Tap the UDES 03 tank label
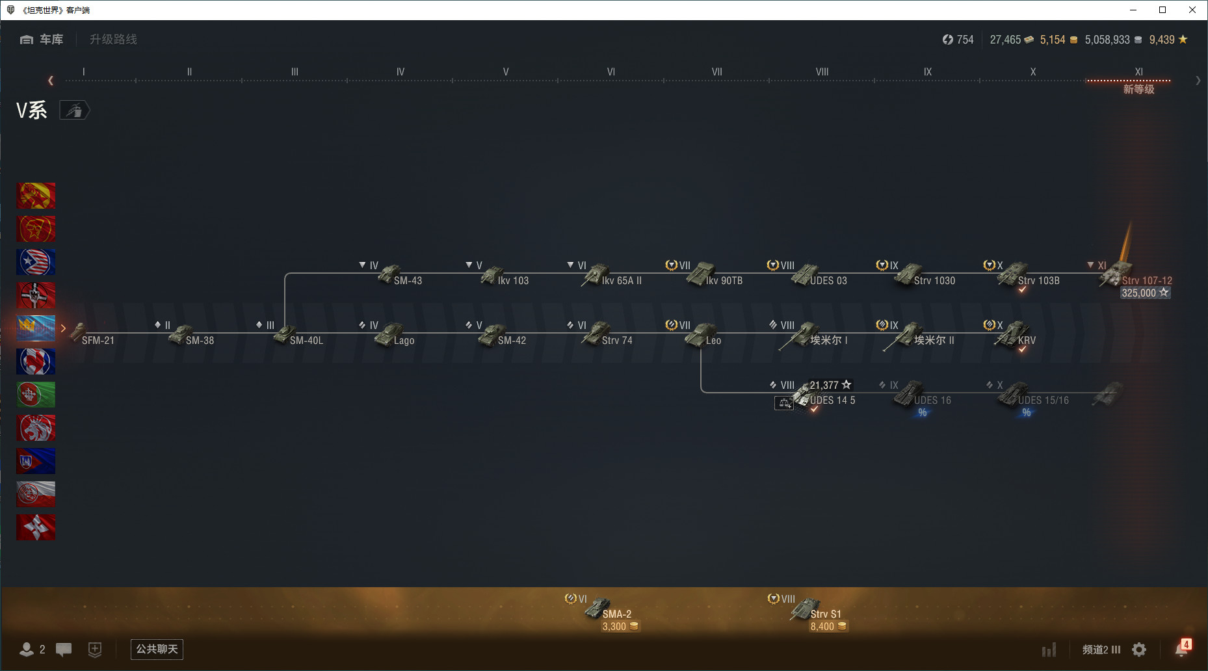tap(828, 281)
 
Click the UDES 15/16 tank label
tap(1044, 401)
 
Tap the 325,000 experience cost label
tap(1139, 293)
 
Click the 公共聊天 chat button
tap(157, 649)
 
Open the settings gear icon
tap(1139, 650)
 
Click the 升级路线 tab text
tap(113, 40)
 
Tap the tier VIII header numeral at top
tap(822, 72)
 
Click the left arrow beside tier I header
tap(51, 81)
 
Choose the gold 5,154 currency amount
tap(1053, 40)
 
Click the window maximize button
tap(1162, 10)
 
